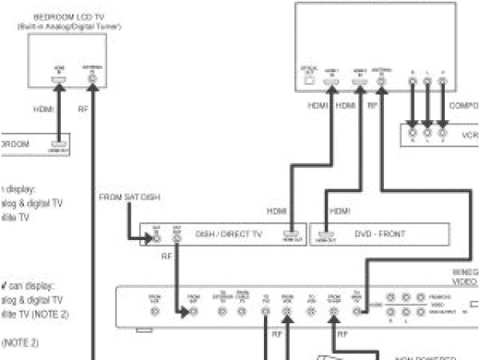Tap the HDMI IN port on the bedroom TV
pos(58,79)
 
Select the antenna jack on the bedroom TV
pos(93,79)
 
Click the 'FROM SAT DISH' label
pos(130,198)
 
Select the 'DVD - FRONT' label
pos(381,235)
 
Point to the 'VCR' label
pos(469,136)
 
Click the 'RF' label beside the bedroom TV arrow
pos(83,109)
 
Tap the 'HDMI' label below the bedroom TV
pos(43,109)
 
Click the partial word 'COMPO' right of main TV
pos(464,106)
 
